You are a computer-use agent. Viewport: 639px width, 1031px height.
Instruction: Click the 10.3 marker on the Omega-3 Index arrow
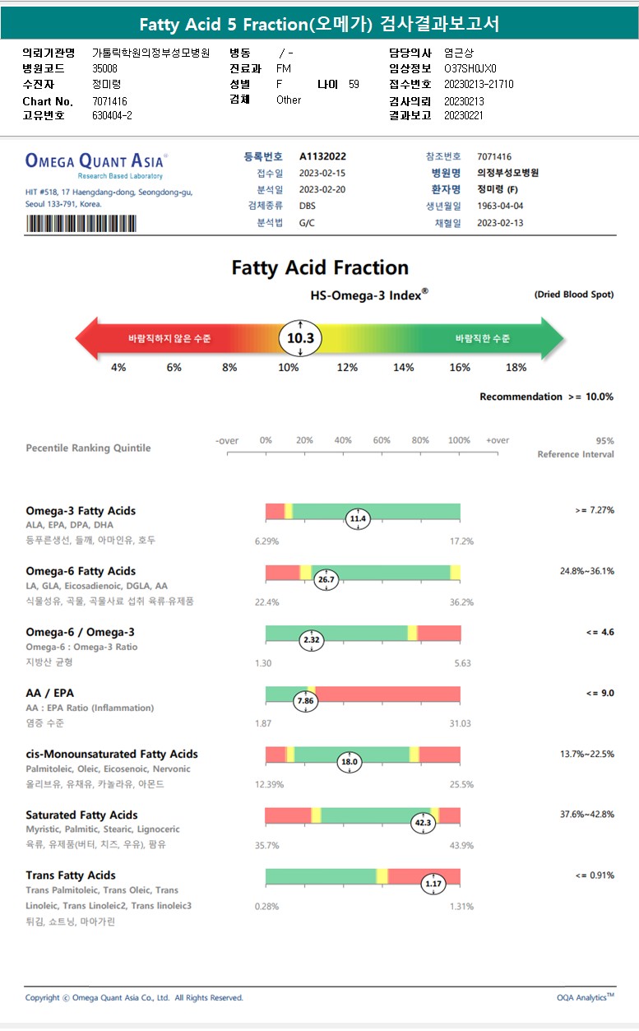click(300, 338)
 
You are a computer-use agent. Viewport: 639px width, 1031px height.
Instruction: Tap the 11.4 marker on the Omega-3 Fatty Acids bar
click(358, 519)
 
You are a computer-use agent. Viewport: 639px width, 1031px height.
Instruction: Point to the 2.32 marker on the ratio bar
click(312, 640)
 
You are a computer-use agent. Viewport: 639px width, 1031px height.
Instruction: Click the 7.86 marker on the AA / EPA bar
click(305, 701)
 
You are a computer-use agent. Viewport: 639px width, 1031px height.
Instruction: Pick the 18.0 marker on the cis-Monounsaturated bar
click(350, 762)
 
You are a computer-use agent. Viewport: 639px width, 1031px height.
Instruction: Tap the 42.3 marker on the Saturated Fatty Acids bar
click(423, 822)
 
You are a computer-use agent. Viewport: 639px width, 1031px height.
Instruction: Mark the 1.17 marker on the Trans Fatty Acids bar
click(433, 884)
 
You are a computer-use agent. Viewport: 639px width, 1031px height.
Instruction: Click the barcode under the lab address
click(82, 224)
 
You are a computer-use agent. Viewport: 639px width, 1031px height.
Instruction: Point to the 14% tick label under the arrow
click(403, 368)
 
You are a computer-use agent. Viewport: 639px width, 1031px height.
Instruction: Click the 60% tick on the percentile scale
click(382, 441)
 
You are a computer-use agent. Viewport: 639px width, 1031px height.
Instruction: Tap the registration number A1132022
click(322, 156)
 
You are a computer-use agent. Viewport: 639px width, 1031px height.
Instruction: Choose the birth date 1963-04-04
click(500, 206)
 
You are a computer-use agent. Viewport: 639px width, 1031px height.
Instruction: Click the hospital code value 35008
click(104, 69)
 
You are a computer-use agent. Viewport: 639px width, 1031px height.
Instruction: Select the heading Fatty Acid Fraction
click(320, 267)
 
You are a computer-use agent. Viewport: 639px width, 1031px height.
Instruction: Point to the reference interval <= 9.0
click(600, 693)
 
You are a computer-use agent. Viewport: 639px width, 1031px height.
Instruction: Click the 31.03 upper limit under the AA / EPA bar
click(460, 723)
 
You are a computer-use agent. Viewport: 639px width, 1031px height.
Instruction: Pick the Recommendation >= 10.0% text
click(546, 397)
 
